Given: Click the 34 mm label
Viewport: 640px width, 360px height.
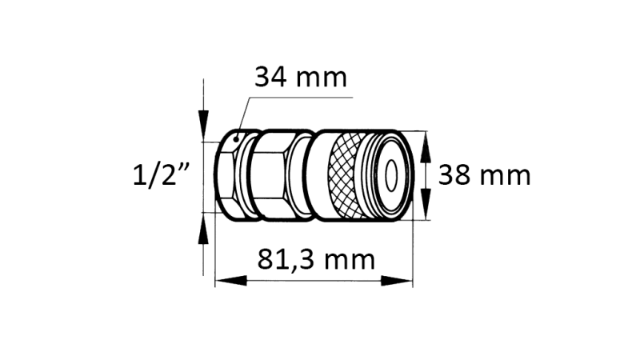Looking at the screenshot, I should (x=300, y=78).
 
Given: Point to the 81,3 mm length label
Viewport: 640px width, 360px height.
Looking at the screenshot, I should (x=316, y=259).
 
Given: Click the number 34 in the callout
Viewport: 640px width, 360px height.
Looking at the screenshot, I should (x=272, y=78).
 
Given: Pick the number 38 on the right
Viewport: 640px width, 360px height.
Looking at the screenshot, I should (x=455, y=174).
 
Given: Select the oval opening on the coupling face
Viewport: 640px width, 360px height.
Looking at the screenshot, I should (x=393, y=174).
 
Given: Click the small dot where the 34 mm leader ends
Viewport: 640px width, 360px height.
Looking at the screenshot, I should (x=237, y=138).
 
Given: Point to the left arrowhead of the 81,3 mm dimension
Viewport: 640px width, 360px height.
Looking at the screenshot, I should (x=227, y=280).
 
